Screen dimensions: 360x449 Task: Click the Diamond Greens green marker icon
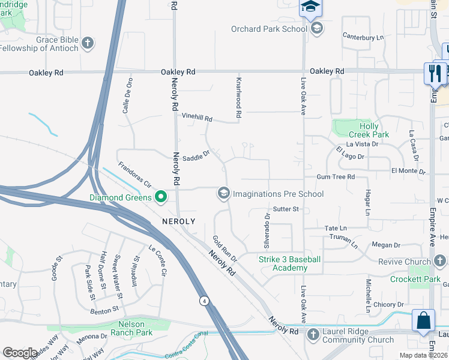[x=161, y=197]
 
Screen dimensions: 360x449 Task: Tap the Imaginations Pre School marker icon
[x=223, y=193]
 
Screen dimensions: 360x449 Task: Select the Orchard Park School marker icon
[x=316, y=28]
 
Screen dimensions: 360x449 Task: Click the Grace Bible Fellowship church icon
[x=88, y=43]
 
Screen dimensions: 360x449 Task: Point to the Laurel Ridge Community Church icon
[x=313, y=334]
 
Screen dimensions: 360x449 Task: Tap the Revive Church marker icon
[x=440, y=261]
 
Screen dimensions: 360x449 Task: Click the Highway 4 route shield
[x=205, y=301]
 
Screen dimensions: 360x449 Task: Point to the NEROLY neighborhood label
[x=178, y=221]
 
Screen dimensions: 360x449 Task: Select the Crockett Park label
[x=415, y=279]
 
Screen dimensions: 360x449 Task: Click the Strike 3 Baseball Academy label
[x=290, y=263]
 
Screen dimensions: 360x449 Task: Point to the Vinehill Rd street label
[x=197, y=119]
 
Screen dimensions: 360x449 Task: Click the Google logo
[x=20, y=353]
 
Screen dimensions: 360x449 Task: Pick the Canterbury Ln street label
[x=363, y=37]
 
